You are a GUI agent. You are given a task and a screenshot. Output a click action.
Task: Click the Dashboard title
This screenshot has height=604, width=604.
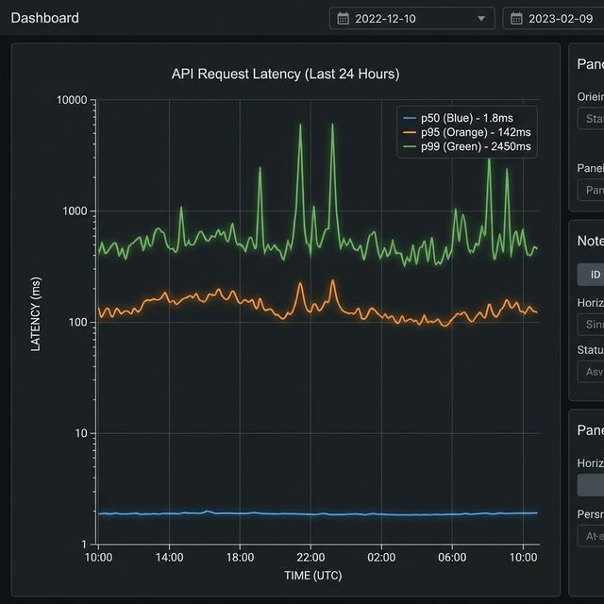[44, 18]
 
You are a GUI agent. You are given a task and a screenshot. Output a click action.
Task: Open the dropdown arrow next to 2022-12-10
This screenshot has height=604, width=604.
[481, 19]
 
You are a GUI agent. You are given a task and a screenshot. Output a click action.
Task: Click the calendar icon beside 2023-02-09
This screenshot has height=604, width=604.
[516, 19]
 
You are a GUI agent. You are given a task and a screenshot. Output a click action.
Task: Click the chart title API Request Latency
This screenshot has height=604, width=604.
[285, 74]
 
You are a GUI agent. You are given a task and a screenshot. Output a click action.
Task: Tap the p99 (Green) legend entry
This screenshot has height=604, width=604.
[466, 146]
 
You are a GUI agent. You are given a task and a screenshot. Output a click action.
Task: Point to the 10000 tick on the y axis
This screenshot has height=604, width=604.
[72, 100]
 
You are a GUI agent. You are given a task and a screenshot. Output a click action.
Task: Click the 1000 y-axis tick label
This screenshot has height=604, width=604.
[75, 211]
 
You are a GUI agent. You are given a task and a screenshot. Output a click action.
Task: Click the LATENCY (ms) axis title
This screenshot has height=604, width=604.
[36, 314]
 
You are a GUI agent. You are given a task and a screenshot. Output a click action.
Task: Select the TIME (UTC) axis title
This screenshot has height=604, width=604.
[312, 575]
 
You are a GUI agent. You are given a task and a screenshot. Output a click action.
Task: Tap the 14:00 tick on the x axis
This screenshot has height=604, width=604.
[169, 557]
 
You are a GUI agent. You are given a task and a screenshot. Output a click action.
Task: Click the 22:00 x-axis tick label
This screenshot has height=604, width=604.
[310, 557]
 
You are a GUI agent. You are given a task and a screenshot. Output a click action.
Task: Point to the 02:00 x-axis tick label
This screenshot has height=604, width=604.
[381, 557]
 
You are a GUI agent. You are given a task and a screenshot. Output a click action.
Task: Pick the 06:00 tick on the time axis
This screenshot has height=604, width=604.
[452, 557]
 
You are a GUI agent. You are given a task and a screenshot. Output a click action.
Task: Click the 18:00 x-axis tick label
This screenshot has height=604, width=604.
[240, 557]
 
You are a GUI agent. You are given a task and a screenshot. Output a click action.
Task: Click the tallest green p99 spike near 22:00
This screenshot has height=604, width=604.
[301, 126]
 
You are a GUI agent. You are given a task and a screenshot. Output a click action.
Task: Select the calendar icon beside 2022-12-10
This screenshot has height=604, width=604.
[343, 19]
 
